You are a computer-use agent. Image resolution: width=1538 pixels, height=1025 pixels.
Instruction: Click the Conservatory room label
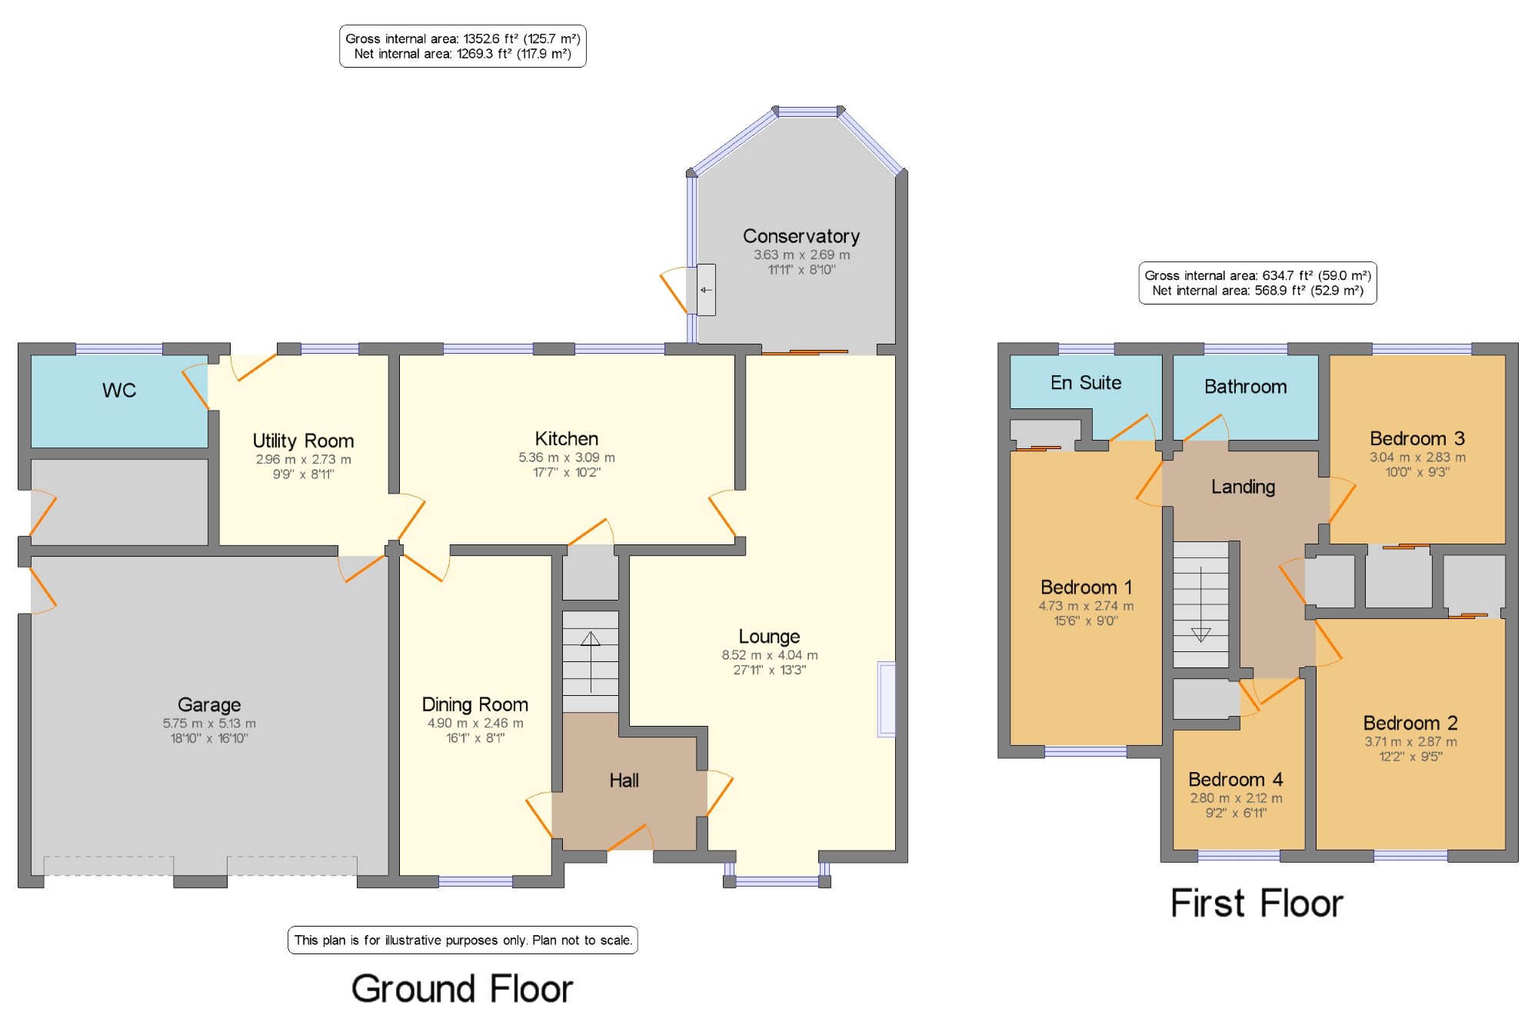(801, 236)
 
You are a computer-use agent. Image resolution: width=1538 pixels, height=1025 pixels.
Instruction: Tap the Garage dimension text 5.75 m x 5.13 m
(209, 724)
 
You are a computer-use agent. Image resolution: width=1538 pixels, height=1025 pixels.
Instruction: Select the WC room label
(119, 391)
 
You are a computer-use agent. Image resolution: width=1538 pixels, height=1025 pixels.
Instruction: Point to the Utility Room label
(303, 441)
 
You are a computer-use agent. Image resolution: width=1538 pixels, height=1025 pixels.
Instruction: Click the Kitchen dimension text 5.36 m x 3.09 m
(567, 458)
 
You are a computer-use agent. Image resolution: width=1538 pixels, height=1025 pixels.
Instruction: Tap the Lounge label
(769, 637)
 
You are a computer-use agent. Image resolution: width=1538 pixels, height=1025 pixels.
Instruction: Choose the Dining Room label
(474, 704)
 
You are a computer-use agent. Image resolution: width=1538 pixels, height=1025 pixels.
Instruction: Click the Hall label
(624, 780)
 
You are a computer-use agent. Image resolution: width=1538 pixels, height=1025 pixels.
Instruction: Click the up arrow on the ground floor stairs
(591, 661)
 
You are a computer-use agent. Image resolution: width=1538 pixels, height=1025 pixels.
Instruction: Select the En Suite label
(1086, 383)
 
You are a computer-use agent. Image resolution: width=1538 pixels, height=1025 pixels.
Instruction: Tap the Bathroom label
(1245, 387)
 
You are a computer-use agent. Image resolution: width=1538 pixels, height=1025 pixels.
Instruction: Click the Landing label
(1243, 487)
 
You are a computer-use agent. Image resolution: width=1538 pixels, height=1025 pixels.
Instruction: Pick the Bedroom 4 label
(1236, 780)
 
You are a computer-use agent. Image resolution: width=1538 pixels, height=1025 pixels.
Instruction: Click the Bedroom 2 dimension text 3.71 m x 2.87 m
(1410, 742)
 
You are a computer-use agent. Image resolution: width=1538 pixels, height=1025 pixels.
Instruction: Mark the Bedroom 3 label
(1417, 438)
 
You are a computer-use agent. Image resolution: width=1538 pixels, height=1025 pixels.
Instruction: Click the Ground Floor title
(462, 989)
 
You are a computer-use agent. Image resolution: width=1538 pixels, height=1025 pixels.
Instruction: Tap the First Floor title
(1257, 904)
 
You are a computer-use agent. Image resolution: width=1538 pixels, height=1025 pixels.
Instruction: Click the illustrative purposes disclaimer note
(463, 940)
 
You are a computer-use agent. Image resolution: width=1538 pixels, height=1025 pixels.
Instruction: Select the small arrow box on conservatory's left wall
(706, 290)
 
